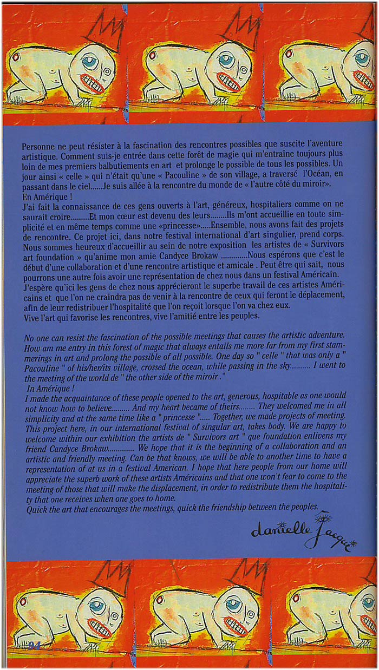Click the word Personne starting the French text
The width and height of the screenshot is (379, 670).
(38, 147)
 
